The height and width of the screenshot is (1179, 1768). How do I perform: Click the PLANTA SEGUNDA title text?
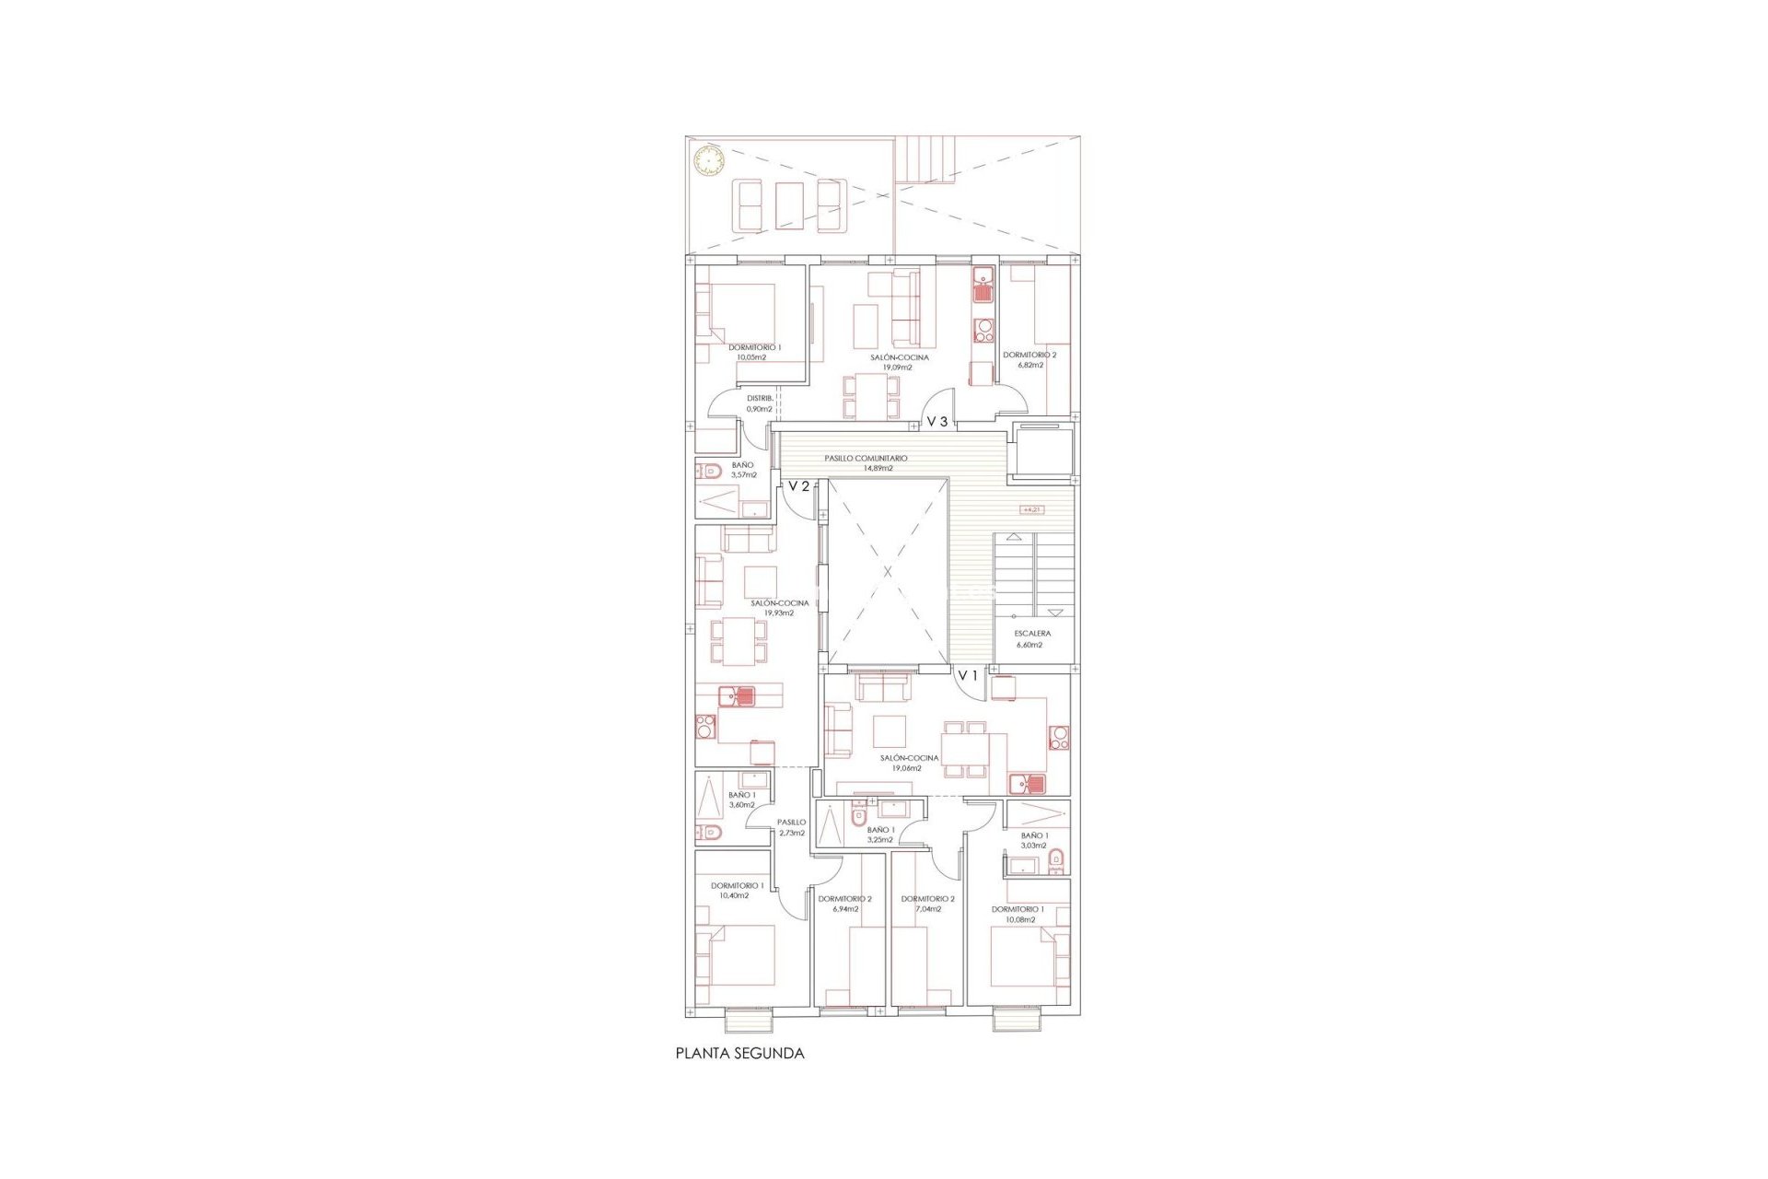pos(739,1053)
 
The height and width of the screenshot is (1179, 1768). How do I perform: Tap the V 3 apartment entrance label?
pos(936,421)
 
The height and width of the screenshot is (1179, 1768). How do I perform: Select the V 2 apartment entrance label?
pos(798,486)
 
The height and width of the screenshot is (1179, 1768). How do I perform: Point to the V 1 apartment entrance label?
pos(967,676)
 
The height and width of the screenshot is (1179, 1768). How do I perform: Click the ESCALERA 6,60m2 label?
pos(1031,639)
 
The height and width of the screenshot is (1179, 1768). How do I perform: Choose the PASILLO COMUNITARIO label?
pos(866,458)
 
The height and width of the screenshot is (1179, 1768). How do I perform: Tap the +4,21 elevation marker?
pos(1031,509)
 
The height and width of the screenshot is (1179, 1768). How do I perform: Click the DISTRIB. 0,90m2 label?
pos(760,403)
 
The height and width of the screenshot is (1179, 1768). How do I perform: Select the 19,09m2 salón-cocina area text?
pos(898,368)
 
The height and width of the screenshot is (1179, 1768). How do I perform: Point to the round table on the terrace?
pos(708,162)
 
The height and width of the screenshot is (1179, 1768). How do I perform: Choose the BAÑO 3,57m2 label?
pos(742,470)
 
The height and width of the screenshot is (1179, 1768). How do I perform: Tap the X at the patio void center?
pos(888,572)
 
